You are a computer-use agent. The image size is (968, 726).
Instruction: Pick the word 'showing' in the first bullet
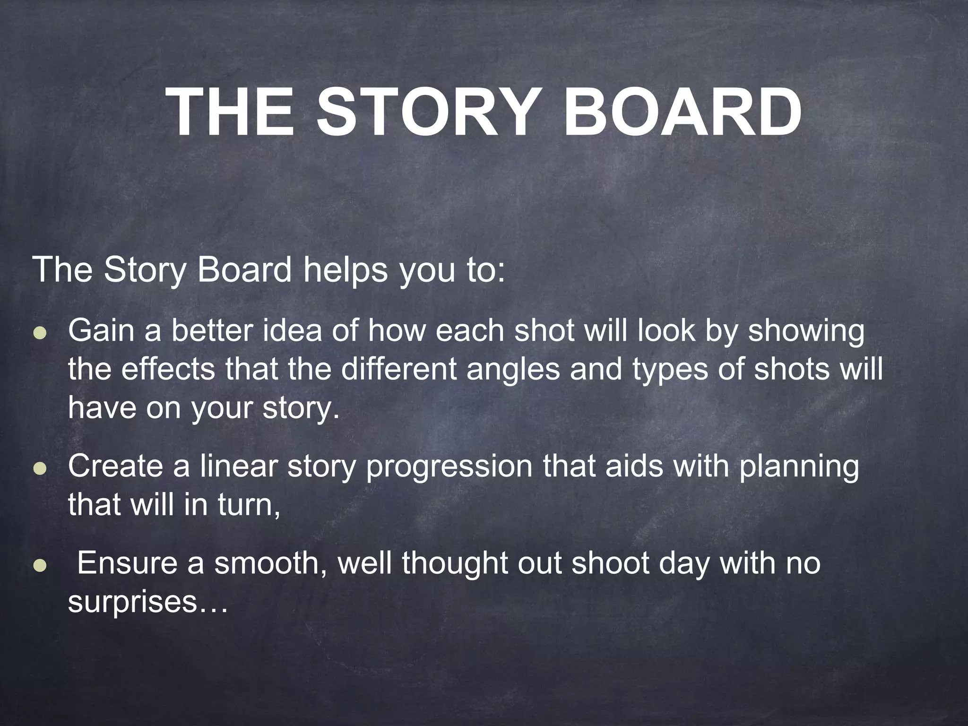point(805,331)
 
